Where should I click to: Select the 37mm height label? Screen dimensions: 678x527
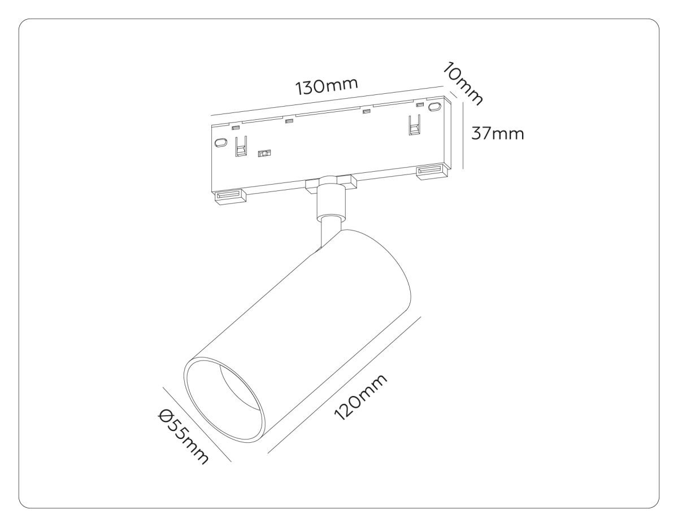pos(497,133)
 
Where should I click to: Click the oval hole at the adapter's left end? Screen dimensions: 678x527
pos(220,142)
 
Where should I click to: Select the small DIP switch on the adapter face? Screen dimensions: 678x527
pos(264,153)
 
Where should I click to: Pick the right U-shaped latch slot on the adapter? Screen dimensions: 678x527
pos(414,125)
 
